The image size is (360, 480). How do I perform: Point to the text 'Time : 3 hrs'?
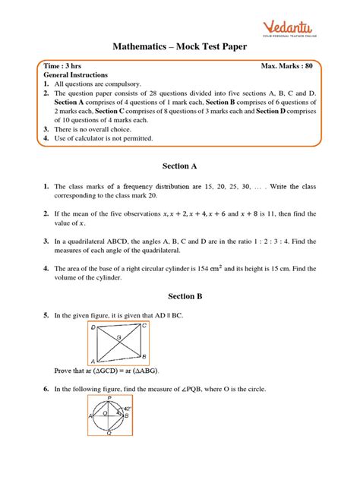tap(67, 67)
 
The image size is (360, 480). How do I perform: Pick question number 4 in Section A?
tap(46, 268)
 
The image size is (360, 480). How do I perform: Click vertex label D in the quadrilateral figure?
tap(93, 327)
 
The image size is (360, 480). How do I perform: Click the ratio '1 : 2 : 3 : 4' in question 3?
tap(270, 241)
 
